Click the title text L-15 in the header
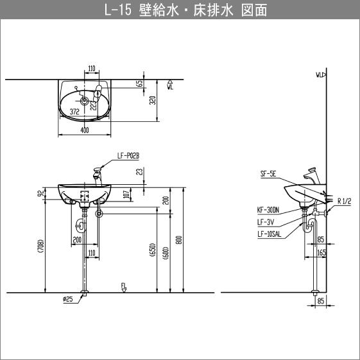117,10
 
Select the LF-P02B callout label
128,156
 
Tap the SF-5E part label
268,174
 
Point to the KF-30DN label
268,210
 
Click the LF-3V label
266,222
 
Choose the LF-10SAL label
269,234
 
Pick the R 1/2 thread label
345,201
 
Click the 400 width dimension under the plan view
85,130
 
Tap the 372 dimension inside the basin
74,112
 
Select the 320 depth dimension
153,100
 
